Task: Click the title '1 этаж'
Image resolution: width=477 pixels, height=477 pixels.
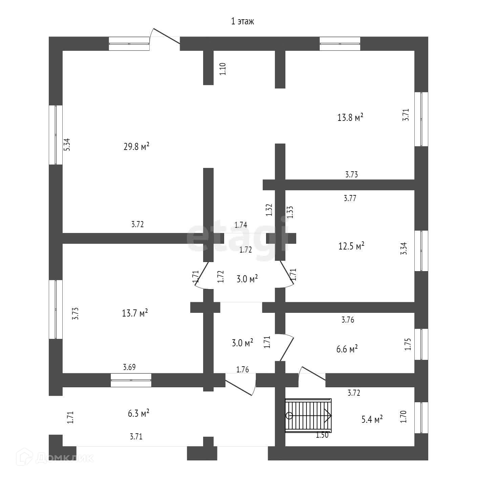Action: (x=242, y=21)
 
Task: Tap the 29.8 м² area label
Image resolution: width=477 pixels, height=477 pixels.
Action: (x=136, y=147)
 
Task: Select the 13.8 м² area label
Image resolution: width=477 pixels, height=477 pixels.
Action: (x=350, y=117)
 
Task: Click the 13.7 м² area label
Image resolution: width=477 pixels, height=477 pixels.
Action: (x=135, y=313)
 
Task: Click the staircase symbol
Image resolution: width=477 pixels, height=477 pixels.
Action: (x=308, y=415)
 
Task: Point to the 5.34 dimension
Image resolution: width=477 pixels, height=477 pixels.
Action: (x=67, y=145)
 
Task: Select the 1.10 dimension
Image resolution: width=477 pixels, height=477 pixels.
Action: (x=223, y=69)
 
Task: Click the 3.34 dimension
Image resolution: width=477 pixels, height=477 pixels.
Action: (x=404, y=248)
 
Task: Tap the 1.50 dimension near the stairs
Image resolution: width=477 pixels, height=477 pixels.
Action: (x=322, y=435)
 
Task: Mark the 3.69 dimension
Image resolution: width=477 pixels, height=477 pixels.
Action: (x=129, y=367)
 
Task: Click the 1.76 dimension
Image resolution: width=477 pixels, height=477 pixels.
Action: (x=242, y=369)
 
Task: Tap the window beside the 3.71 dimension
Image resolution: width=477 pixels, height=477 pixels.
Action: (x=421, y=119)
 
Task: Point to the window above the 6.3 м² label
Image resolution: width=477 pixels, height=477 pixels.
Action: (x=131, y=380)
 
